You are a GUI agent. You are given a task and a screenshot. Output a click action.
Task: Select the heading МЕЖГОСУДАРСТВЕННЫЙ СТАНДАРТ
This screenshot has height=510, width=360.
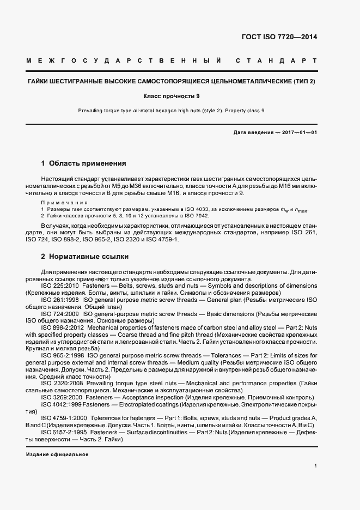(x=171, y=60)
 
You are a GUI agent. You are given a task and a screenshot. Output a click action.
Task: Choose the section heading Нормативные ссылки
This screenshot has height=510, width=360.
(x=89, y=256)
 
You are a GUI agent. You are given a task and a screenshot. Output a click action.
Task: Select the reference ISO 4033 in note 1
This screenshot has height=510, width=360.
(x=202, y=209)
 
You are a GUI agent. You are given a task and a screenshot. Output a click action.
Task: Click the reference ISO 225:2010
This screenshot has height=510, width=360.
(x=60, y=286)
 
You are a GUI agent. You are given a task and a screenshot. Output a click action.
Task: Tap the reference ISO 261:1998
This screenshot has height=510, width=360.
(x=60, y=300)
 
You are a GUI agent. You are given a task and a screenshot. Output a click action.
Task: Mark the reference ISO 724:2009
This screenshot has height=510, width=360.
(x=60, y=315)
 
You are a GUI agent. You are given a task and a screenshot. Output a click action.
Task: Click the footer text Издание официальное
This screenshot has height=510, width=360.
(x=57, y=454)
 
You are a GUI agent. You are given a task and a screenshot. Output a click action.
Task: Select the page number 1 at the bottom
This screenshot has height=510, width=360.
(x=315, y=466)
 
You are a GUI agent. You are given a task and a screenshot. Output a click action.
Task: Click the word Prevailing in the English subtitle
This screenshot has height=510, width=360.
(x=89, y=111)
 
